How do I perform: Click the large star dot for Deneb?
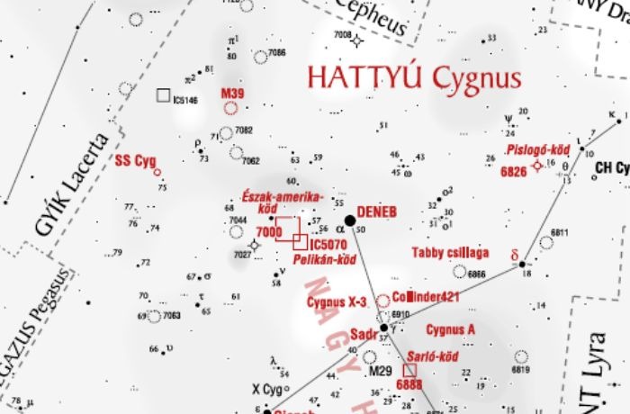point(350,220)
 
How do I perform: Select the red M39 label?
point(232,94)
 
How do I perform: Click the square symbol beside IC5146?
point(163,94)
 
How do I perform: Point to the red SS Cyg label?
point(135,161)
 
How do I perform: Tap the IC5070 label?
point(328,244)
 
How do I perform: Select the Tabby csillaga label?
point(450,252)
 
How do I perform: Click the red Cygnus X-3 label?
point(337,303)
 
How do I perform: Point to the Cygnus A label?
point(451,328)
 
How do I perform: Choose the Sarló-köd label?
point(433,356)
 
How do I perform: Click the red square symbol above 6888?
point(409,370)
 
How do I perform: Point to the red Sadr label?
point(363,334)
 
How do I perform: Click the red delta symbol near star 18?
point(516,255)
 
